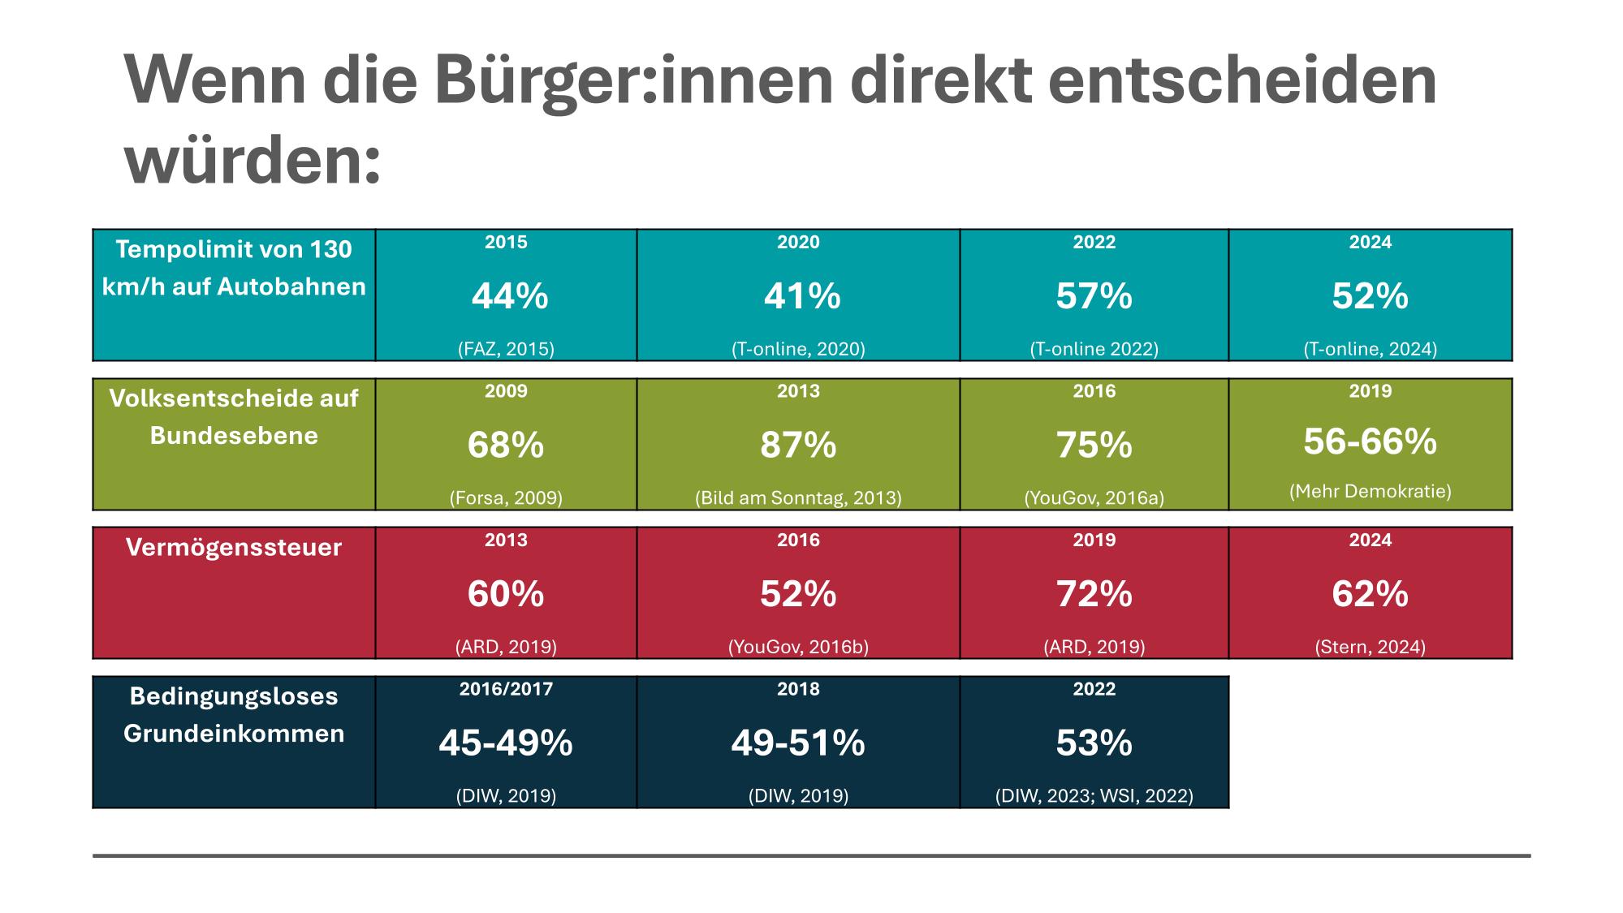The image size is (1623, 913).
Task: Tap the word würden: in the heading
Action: point(253,159)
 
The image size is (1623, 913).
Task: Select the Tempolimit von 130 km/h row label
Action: point(234,268)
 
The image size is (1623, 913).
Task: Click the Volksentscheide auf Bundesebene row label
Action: point(234,416)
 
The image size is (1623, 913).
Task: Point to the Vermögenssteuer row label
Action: point(234,548)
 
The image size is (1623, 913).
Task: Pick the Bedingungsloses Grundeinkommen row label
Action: point(234,715)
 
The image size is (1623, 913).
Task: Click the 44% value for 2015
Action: point(510,297)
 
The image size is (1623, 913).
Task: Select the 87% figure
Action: point(798,446)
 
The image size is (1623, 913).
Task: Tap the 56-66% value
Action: point(1370,441)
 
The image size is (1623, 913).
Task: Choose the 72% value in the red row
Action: point(1094,595)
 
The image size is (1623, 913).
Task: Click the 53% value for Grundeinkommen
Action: point(1094,743)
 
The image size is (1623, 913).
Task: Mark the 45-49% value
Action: point(506,743)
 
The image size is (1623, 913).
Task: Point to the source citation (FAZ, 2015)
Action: point(506,349)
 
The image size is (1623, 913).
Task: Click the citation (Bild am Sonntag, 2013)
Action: point(798,497)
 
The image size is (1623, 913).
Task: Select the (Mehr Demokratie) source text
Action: point(1370,491)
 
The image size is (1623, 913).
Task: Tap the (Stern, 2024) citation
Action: point(1370,647)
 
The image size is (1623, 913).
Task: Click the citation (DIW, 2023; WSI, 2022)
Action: point(1094,795)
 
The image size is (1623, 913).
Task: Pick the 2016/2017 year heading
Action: point(506,689)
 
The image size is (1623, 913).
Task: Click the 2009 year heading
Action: point(506,391)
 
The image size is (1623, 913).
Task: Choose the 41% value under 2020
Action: point(802,297)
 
